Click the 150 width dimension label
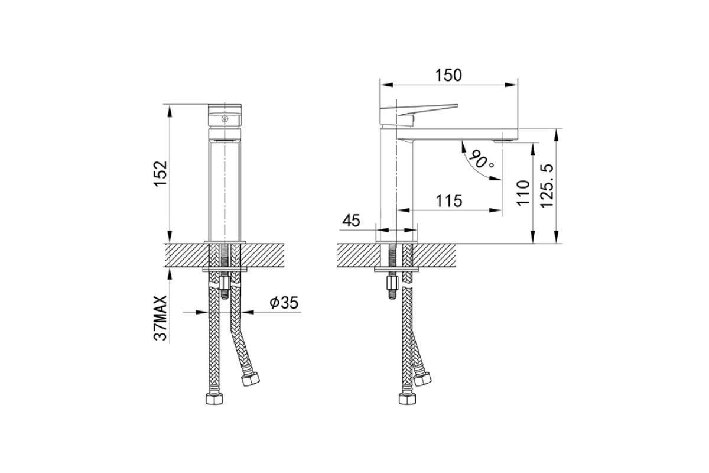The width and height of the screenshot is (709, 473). tap(448, 76)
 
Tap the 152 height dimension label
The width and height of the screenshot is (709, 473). tap(161, 174)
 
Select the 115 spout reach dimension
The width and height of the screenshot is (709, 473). tap(449, 201)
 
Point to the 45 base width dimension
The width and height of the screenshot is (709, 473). tap(352, 221)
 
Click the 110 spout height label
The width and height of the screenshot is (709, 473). tap(523, 193)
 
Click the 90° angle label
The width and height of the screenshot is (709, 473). tap(481, 161)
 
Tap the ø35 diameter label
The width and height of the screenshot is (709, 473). tap(284, 303)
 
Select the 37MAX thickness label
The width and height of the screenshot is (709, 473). tap(161, 318)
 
